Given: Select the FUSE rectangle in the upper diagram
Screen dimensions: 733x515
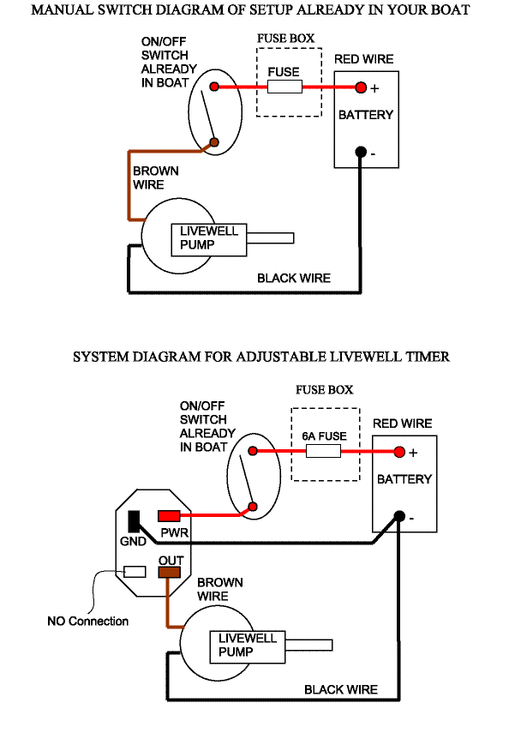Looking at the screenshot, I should point(284,87).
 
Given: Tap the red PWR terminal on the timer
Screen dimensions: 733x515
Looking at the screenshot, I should point(169,515).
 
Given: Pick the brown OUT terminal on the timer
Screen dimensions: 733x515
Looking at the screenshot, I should point(170,572).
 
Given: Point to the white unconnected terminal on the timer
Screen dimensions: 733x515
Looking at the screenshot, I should point(135,572).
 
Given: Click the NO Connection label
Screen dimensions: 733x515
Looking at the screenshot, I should point(87,621).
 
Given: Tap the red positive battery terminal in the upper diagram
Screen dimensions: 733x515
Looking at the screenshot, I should point(361,87).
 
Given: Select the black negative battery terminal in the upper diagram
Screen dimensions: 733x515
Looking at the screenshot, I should point(361,153).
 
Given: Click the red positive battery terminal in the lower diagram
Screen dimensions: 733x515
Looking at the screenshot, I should point(399,453).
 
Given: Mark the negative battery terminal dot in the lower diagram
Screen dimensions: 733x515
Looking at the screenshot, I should point(399,516).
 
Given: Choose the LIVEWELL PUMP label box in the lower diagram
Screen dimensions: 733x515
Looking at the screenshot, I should point(248,646).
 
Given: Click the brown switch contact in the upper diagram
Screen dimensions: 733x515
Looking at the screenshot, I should point(215,142).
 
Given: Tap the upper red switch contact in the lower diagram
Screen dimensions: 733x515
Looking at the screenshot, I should point(253,452).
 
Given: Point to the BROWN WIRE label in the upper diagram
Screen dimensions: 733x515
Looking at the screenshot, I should point(155,177).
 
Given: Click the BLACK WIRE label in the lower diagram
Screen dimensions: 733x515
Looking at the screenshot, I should point(341,689).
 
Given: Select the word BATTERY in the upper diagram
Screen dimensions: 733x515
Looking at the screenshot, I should point(365,115).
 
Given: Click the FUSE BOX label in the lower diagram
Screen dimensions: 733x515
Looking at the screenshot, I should point(324,389).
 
